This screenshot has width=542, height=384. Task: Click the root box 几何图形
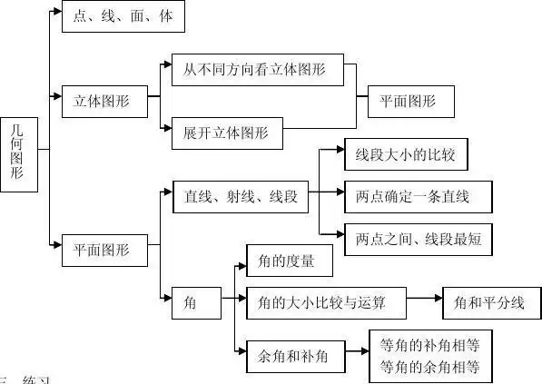tap(19, 154)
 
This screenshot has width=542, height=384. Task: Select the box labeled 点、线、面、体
tap(123, 16)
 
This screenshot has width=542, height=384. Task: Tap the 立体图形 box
tap(102, 102)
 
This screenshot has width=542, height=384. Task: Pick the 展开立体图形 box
tap(226, 133)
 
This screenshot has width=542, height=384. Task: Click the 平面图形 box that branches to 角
tap(102, 248)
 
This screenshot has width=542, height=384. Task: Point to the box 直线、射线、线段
tap(240, 195)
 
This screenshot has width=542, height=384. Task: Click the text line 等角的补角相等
tap(430, 345)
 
